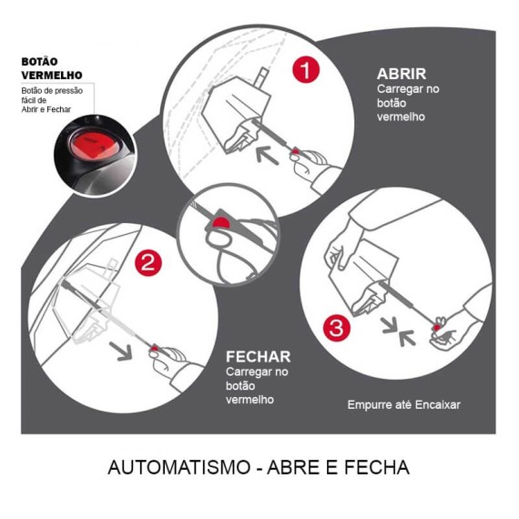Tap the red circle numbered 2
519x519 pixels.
(147, 264)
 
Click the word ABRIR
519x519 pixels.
(402, 74)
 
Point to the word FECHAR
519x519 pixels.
(259, 357)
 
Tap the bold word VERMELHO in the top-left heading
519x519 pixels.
(52, 76)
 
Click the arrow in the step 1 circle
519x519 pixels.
(265, 151)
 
